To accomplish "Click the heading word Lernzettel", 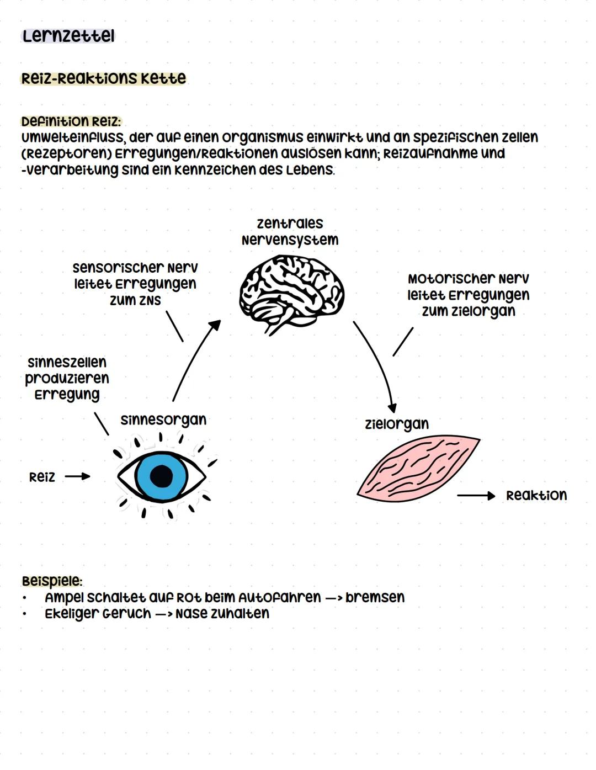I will coord(68,36).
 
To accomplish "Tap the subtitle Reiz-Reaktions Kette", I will coord(103,78).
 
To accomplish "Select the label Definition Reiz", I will coord(71,121).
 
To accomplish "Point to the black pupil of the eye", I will coord(161,476).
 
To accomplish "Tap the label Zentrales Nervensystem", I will coord(290,231).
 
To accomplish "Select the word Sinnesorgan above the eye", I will coord(163,420).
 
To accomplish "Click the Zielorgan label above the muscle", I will coord(396,424).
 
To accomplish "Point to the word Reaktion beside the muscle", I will coord(536,495).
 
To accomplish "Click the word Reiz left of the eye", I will coord(42,477).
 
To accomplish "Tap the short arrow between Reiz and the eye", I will coord(77,476).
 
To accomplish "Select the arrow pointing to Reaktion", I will coord(476,496).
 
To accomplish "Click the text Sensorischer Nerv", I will coord(135,268).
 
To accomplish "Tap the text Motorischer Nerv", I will coord(468,279).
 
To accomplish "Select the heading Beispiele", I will coord(52,581).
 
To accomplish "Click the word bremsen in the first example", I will coord(375,597).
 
